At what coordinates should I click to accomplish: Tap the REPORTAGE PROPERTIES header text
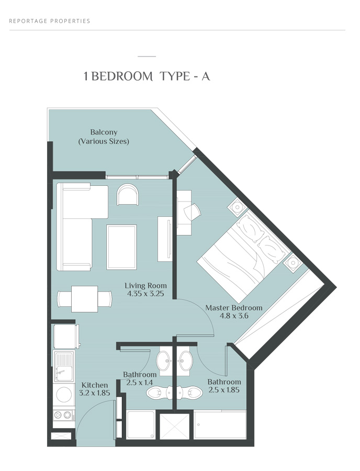click(x=50, y=21)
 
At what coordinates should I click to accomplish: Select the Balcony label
click(x=104, y=132)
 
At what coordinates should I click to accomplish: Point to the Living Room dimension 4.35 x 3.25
click(x=145, y=295)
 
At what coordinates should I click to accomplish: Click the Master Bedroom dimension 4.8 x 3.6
click(x=233, y=317)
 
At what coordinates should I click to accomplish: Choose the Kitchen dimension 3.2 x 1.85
click(x=94, y=393)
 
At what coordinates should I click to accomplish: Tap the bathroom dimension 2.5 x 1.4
click(x=140, y=383)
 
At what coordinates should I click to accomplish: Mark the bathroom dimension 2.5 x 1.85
click(x=224, y=390)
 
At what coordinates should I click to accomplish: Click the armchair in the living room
click(x=128, y=195)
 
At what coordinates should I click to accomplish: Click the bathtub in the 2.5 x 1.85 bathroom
click(x=220, y=424)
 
